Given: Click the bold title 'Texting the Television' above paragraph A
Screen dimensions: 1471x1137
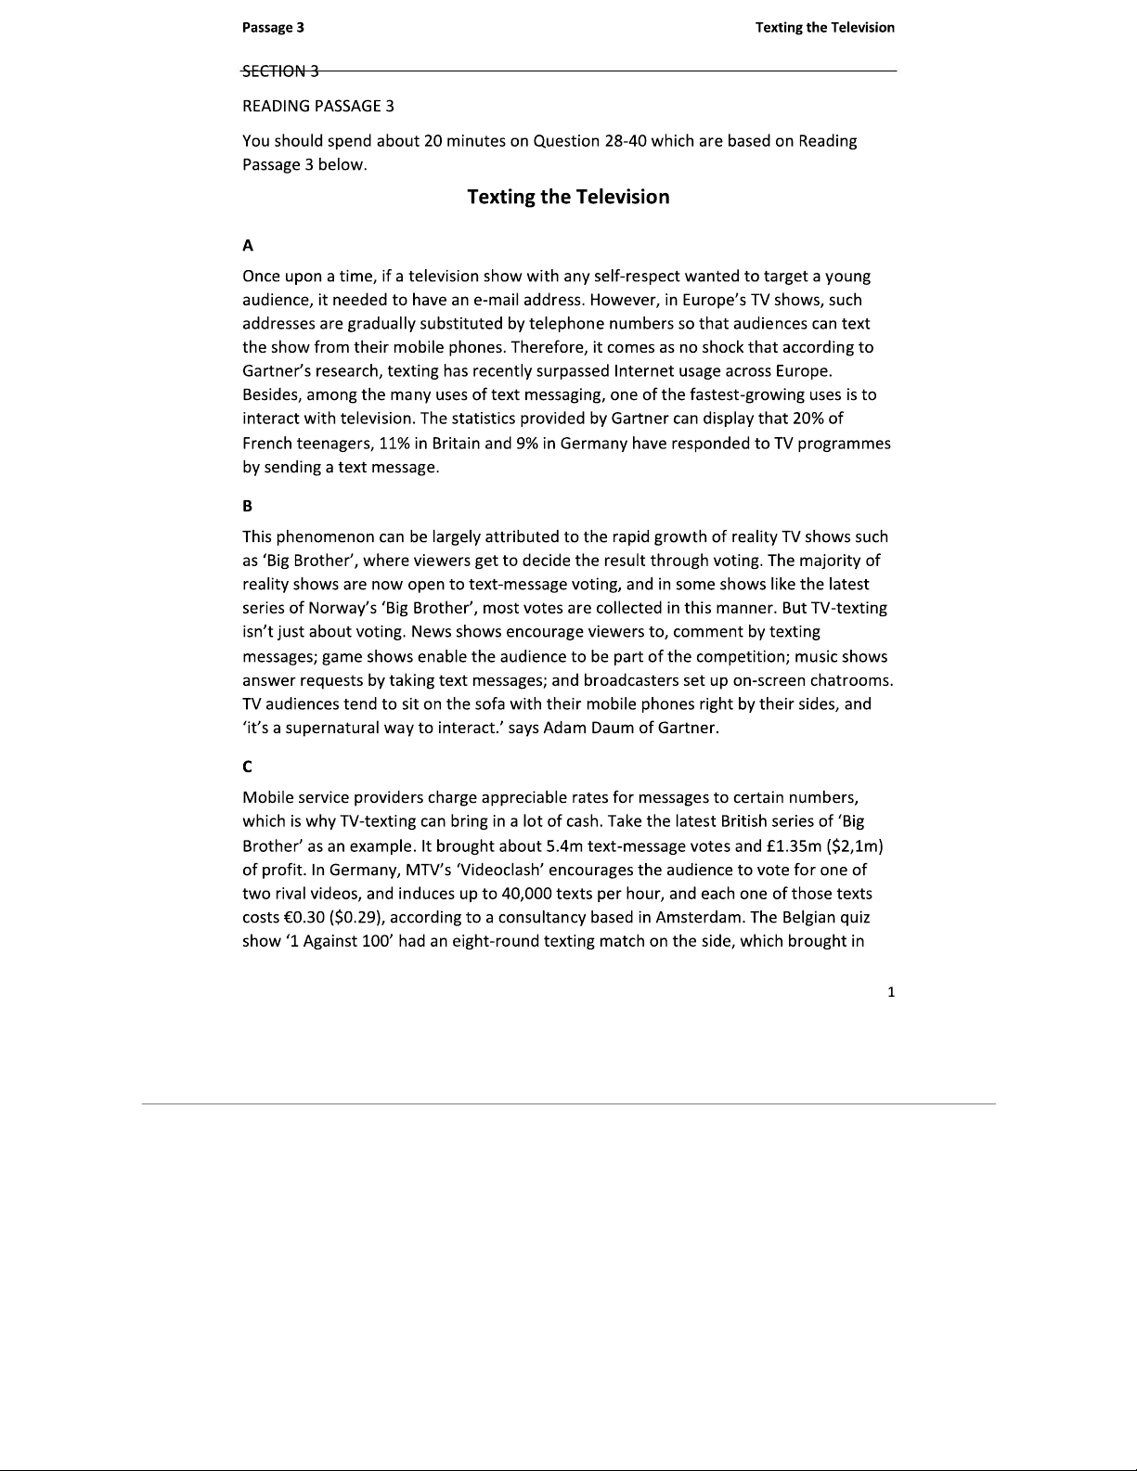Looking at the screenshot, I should (x=568, y=197).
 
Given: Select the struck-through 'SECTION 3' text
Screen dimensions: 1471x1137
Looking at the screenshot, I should (x=280, y=71).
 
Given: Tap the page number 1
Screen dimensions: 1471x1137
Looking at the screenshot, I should (x=891, y=992).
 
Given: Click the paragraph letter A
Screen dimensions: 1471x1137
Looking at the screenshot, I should (x=248, y=245).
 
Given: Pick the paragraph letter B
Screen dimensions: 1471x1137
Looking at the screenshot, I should (x=248, y=506).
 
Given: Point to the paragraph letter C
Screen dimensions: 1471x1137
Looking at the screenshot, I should (x=248, y=767).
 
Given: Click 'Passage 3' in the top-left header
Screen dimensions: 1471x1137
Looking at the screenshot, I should (x=273, y=27).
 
